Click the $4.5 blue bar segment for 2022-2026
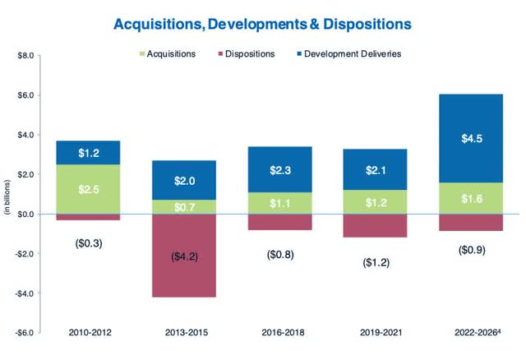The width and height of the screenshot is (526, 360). coord(471,138)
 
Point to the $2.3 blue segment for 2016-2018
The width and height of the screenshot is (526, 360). coord(280,169)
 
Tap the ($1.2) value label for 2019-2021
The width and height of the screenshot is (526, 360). coord(376,262)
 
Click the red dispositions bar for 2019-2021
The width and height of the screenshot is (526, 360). coord(376,225)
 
